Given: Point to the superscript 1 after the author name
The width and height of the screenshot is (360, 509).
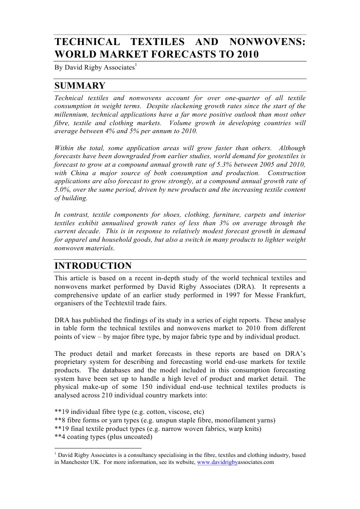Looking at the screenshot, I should click(136, 66).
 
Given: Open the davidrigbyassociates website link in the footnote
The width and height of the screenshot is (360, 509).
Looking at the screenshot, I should click(235, 463).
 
